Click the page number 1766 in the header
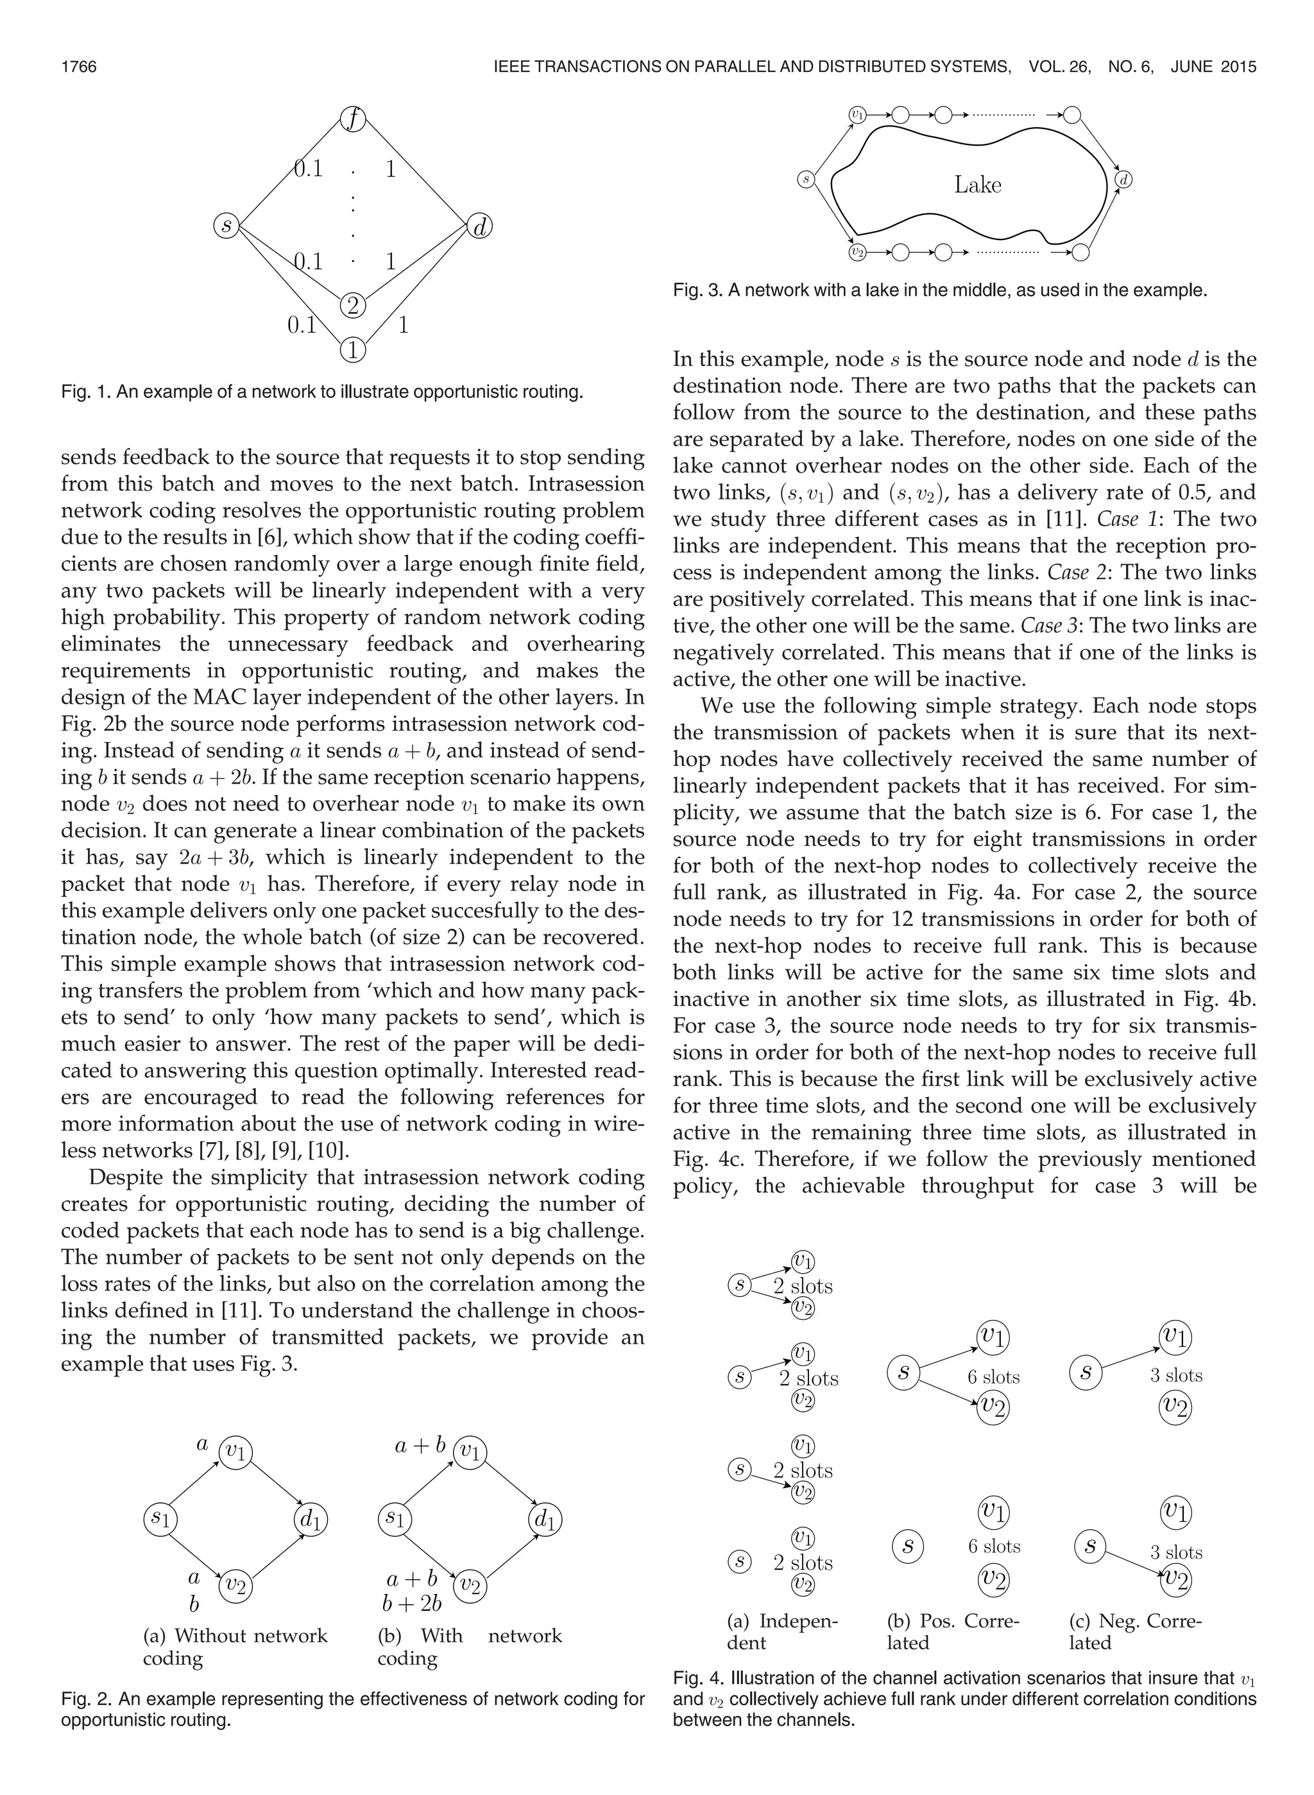pos(79,67)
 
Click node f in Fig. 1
pos(352,119)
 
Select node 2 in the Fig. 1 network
pos(352,306)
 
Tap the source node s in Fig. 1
pos(226,226)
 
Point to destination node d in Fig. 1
pos(480,227)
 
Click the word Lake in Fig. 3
pos(978,186)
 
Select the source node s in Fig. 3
pos(806,180)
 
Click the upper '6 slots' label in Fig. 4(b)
pos(993,1376)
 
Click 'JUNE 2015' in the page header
pos(1213,67)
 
